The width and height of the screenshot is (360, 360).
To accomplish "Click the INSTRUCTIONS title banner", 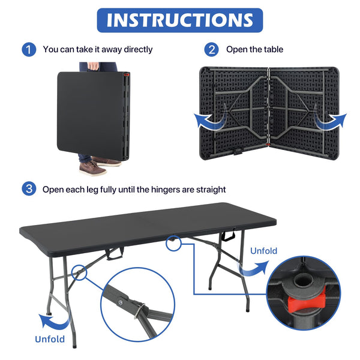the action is click(180, 20).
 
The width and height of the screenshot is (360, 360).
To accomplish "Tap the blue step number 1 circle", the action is click(29, 49).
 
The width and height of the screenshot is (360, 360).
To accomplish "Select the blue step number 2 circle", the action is click(211, 49).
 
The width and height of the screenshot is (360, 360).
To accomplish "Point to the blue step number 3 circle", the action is click(29, 189).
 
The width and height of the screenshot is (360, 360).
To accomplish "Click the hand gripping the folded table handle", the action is click(94, 66).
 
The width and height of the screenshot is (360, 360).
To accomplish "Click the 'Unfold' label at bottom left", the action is click(50, 340).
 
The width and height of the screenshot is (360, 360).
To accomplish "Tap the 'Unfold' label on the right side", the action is click(264, 251).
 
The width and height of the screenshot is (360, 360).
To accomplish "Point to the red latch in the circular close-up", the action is click(307, 301).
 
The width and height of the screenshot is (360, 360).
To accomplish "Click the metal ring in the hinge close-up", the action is click(140, 311).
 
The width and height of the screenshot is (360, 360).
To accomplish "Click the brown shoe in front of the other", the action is click(92, 168).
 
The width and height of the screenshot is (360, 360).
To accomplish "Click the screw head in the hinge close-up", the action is click(121, 302).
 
